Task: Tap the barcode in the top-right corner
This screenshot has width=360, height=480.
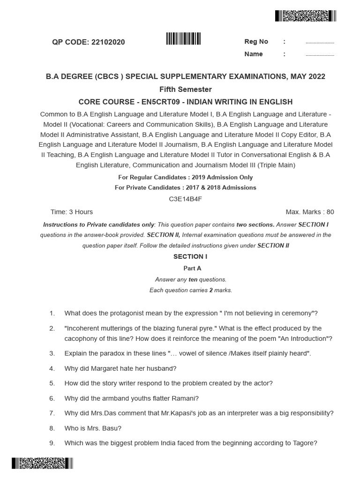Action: point(306,16)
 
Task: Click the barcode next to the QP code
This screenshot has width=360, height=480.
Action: point(183,38)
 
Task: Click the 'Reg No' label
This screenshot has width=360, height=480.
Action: point(256,42)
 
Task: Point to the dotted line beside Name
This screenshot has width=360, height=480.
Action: point(320,55)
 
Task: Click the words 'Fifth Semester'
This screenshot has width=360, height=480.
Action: point(186,89)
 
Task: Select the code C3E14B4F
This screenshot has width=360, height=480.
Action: point(186,199)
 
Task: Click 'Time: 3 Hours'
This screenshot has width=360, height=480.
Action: point(72,212)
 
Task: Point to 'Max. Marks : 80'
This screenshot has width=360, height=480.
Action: point(310,212)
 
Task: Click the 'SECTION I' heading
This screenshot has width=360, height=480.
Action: point(190,256)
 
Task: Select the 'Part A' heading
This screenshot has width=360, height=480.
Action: point(192,268)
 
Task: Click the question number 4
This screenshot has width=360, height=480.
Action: point(52,368)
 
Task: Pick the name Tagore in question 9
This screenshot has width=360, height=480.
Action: point(305,443)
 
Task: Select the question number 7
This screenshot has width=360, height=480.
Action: point(52,413)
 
